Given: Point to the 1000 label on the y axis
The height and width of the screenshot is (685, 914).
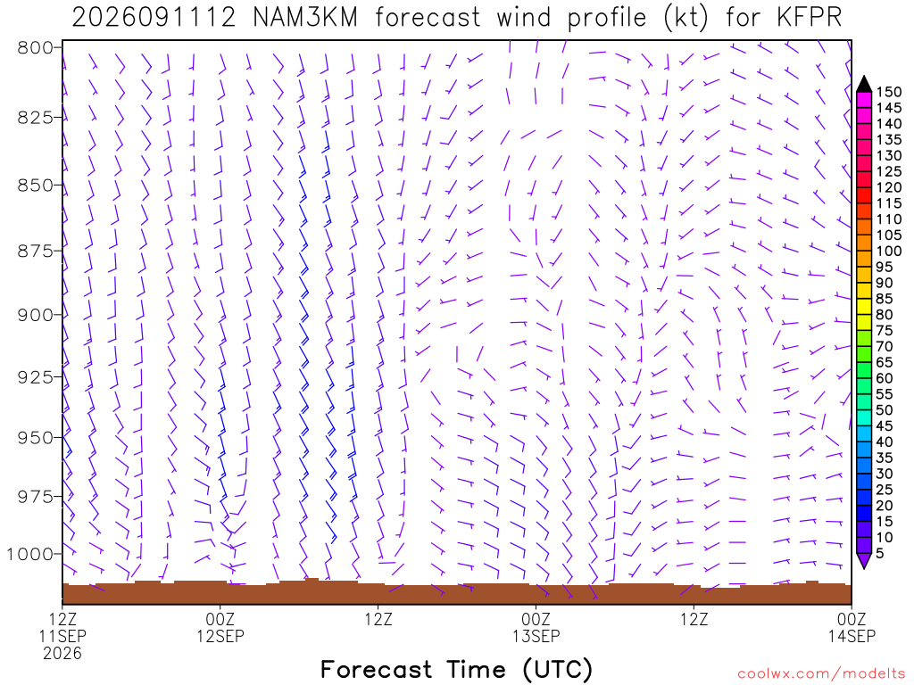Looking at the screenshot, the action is point(29,553).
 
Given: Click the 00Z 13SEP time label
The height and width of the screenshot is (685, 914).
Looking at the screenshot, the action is point(536,627).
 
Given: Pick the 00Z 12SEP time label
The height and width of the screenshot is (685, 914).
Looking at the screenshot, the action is point(220,627).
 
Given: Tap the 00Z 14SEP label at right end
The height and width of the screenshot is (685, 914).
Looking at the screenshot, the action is point(852,627).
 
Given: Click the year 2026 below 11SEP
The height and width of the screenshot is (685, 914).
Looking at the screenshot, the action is point(62,654).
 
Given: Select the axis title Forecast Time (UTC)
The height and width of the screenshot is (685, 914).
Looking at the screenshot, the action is point(456,669).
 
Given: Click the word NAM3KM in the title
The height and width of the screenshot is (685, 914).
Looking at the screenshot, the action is point(305,18).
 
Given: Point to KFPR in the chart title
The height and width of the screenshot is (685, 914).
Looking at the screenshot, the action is point(809,18).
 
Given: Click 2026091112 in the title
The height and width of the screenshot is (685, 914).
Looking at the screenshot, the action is point(154,18).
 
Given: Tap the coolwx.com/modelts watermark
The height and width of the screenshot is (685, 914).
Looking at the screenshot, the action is point(821,674).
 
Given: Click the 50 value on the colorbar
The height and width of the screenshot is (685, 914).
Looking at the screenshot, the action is point(884,410).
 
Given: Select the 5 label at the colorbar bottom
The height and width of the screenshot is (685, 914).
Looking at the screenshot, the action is point(879,553).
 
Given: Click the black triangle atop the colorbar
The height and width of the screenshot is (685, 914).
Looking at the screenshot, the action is point(864,85).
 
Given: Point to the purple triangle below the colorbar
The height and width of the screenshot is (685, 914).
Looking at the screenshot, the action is point(864,560).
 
